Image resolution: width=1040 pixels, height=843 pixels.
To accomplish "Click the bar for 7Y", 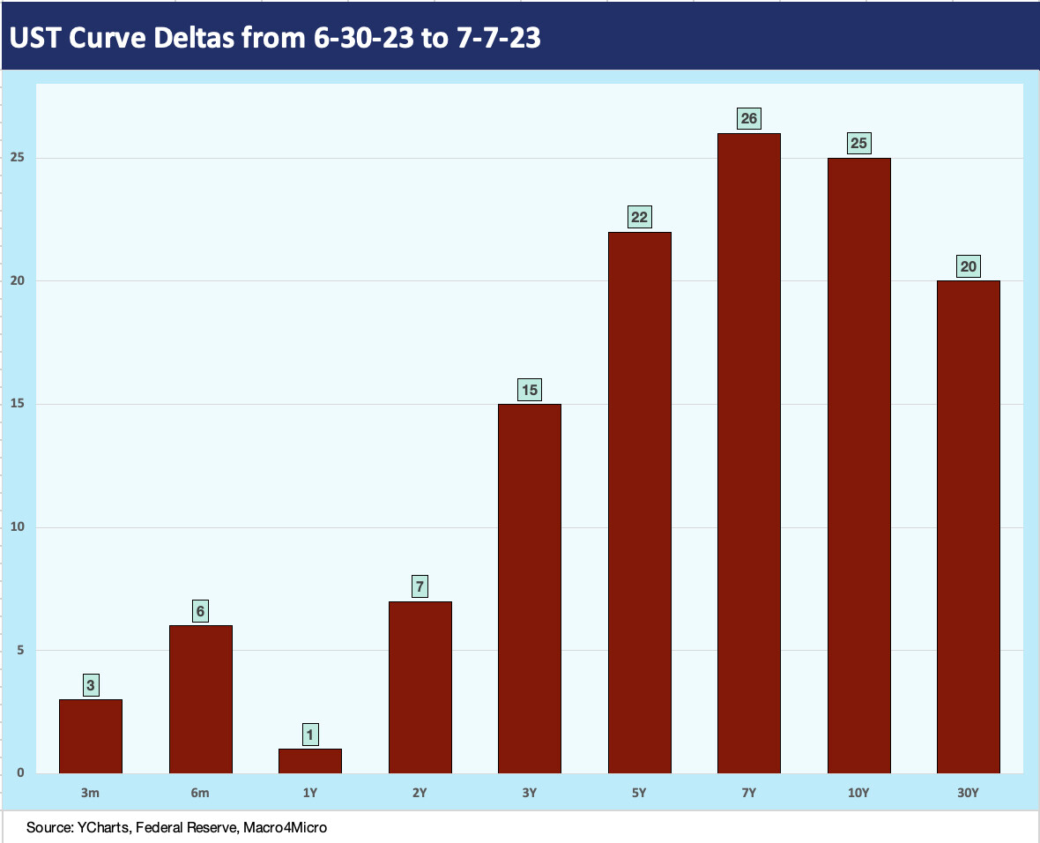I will tap(748, 453).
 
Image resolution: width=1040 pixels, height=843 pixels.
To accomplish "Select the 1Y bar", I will tap(310, 761).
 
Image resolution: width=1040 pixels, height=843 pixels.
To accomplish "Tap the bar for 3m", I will tap(91, 736).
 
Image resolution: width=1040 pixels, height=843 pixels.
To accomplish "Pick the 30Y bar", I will tap(968, 527).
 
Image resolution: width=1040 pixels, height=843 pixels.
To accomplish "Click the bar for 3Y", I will tap(529, 589).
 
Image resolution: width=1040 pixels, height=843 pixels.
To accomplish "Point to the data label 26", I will tap(748, 118).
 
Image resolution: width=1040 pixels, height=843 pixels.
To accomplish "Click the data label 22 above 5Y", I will tap(639, 217).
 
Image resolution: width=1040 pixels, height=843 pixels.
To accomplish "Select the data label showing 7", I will tap(420, 586).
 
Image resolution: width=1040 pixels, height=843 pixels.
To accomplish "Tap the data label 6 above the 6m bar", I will tap(201, 610).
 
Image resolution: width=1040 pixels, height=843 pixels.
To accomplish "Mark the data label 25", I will tap(858, 143).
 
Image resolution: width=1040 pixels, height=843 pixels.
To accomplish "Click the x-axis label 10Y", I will tap(858, 793).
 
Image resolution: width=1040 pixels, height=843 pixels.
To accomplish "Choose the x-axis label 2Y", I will tap(420, 793).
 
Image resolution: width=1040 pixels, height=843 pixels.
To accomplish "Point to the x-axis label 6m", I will tap(200, 793).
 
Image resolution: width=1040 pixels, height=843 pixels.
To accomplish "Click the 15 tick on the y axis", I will tap(17, 404).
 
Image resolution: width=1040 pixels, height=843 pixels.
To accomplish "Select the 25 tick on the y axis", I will tap(17, 158).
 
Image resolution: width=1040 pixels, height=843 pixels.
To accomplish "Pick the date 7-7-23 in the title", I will tap(500, 38).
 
